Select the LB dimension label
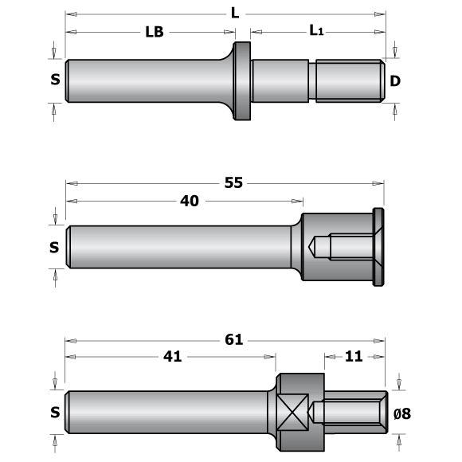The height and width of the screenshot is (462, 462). click(x=155, y=33)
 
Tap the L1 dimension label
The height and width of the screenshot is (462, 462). click(x=317, y=31)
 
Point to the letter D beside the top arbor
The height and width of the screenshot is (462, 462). click(x=394, y=80)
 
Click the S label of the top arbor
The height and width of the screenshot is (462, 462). click(x=54, y=80)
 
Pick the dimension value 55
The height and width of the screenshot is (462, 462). click(x=233, y=183)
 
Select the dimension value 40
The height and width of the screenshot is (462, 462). click(x=189, y=202)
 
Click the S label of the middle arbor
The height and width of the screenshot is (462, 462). click(x=54, y=248)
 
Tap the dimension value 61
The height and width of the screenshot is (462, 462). click(x=233, y=339)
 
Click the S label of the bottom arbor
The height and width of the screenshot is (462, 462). click(x=54, y=412)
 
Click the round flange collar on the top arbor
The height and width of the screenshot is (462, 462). click(x=242, y=80)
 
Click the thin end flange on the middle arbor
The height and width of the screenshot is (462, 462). click(x=378, y=248)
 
